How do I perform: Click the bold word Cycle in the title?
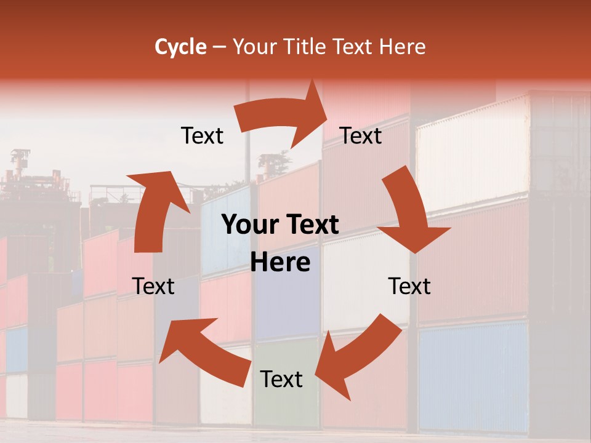(180, 47)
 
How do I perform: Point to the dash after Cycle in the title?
(219, 47)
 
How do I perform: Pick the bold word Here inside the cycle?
(280, 263)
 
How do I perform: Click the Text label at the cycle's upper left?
(202, 136)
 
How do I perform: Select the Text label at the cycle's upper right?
(361, 136)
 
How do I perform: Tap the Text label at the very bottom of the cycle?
(281, 380)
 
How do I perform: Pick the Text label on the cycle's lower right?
(409, 286)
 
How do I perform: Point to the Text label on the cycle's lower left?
(153, 286)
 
